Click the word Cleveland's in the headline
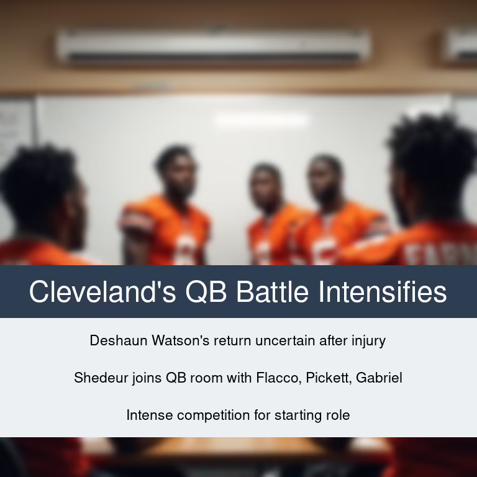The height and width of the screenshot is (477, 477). (102, 291)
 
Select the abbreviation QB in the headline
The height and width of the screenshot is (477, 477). (206, 292)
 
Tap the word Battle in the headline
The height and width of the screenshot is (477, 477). (273, 291)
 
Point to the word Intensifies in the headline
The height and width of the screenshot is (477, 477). (383, 291)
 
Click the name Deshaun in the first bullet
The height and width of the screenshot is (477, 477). (119, 340)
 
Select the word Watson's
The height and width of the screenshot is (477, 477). (181, 340)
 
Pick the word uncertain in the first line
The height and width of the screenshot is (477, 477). (285, 341)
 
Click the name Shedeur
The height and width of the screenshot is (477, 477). (101, 378)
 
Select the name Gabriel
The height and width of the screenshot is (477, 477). (379, 378)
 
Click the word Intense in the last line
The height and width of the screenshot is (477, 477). (150, 416)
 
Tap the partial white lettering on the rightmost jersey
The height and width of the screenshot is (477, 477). (440, 254)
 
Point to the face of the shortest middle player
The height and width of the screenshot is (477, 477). (264, 192)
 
